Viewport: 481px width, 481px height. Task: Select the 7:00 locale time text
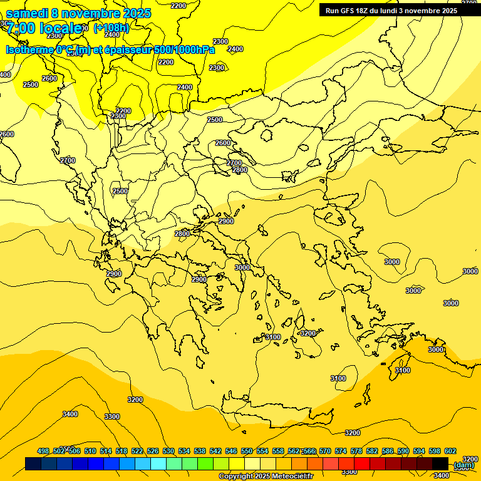[x=44, y=28]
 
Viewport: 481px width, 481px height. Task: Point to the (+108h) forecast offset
[x=111, y=28]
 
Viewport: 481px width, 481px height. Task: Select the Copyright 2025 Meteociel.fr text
[x=266, y=477]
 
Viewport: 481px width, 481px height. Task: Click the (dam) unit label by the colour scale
[x=463, y=465]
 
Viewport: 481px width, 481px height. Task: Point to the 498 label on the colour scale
[x=43, y=452]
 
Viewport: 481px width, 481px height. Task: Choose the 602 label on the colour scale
[x=450, y=452]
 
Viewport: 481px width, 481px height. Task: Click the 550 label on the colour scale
[x=247, y=452]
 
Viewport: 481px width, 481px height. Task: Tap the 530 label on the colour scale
[x=168, y=452]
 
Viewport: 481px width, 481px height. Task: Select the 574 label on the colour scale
[x=341, y=452]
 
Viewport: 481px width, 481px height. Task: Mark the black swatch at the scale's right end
[x=440, y=463]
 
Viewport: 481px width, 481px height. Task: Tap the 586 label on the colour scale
[x=388, y=452]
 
